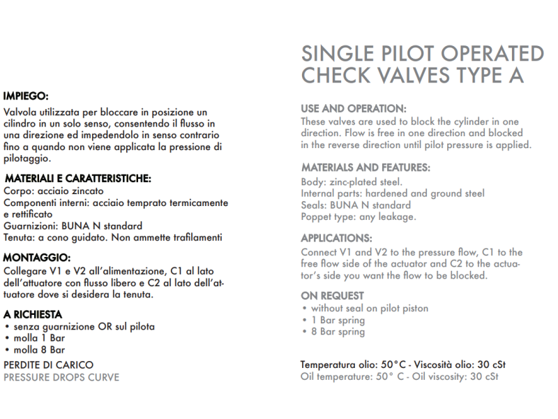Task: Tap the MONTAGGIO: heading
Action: [x=36, y=257]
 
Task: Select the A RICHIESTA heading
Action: [x=33, y=315]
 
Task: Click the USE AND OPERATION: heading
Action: [x=353, y=109]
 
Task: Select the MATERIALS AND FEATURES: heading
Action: [x=365, y=168]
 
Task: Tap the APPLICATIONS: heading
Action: [x=336, y=237]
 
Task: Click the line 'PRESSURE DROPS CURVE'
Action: [x=61, y=377]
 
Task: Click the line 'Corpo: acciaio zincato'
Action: [x=54, y=191]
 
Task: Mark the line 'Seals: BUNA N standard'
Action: [x=356, y=205]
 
